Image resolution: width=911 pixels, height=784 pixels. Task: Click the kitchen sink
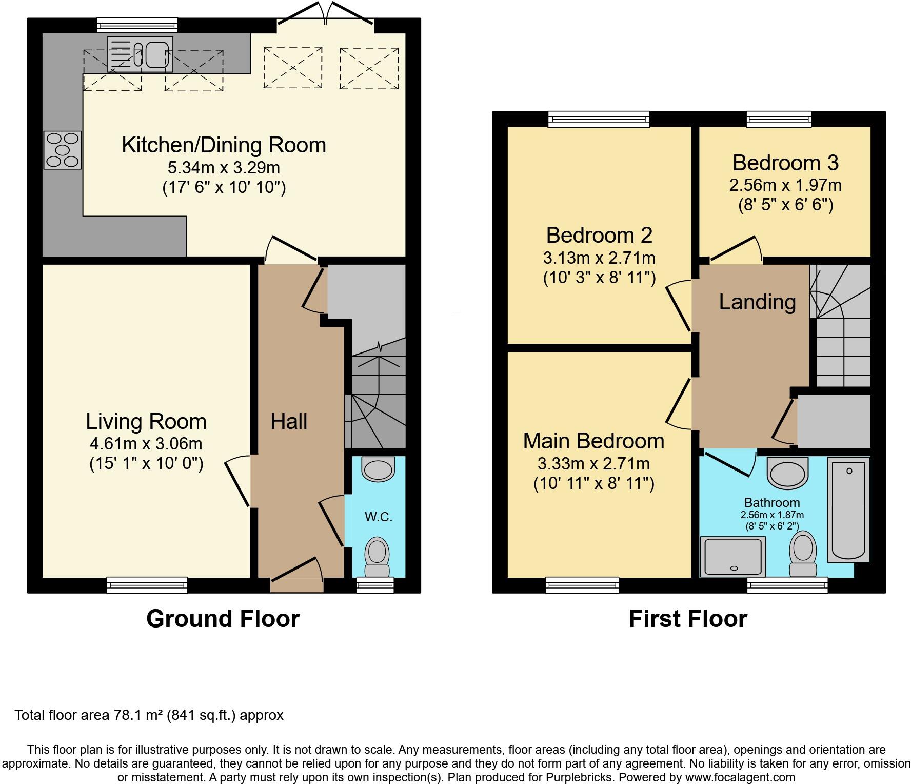coord(140,54)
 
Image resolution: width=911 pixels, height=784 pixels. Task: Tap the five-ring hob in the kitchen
coord(63,150)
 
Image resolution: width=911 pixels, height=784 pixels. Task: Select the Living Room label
coord(146,422)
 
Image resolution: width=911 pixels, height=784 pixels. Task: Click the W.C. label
coord(379,517)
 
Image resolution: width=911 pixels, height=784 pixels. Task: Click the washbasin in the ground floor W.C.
coord(379,468)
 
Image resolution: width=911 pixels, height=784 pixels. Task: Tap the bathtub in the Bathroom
coord(848,510)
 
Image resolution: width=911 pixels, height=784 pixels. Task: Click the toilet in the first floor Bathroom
coord(803,555)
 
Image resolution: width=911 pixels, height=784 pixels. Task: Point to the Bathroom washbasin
coord(787,472)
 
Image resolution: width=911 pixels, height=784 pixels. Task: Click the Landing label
coord(757,302)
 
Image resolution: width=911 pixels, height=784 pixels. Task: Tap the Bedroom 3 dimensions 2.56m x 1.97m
coord(785,185)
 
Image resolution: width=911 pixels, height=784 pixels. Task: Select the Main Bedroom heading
coord(593,441)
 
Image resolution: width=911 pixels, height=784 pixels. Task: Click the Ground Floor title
coord(223,619)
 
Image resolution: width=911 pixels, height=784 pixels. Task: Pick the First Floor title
coord(688,619)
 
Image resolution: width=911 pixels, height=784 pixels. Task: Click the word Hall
coord(289,422)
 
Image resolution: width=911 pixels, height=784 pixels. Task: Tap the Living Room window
coord(147,585)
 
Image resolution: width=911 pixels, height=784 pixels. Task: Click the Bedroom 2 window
coord(599,120)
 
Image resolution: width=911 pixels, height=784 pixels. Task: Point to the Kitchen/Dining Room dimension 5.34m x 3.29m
coord(224,168)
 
